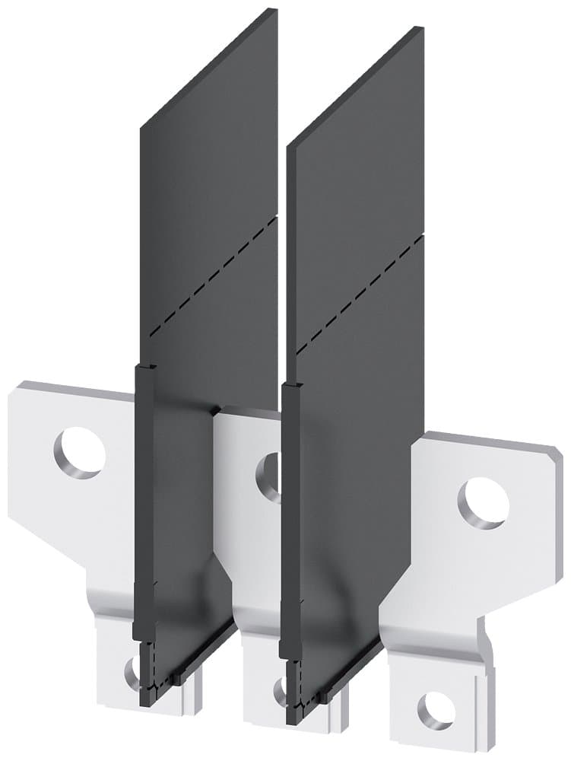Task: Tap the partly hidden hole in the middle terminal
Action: [x=267, y=470]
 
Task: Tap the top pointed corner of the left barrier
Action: [x=270, y=11]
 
